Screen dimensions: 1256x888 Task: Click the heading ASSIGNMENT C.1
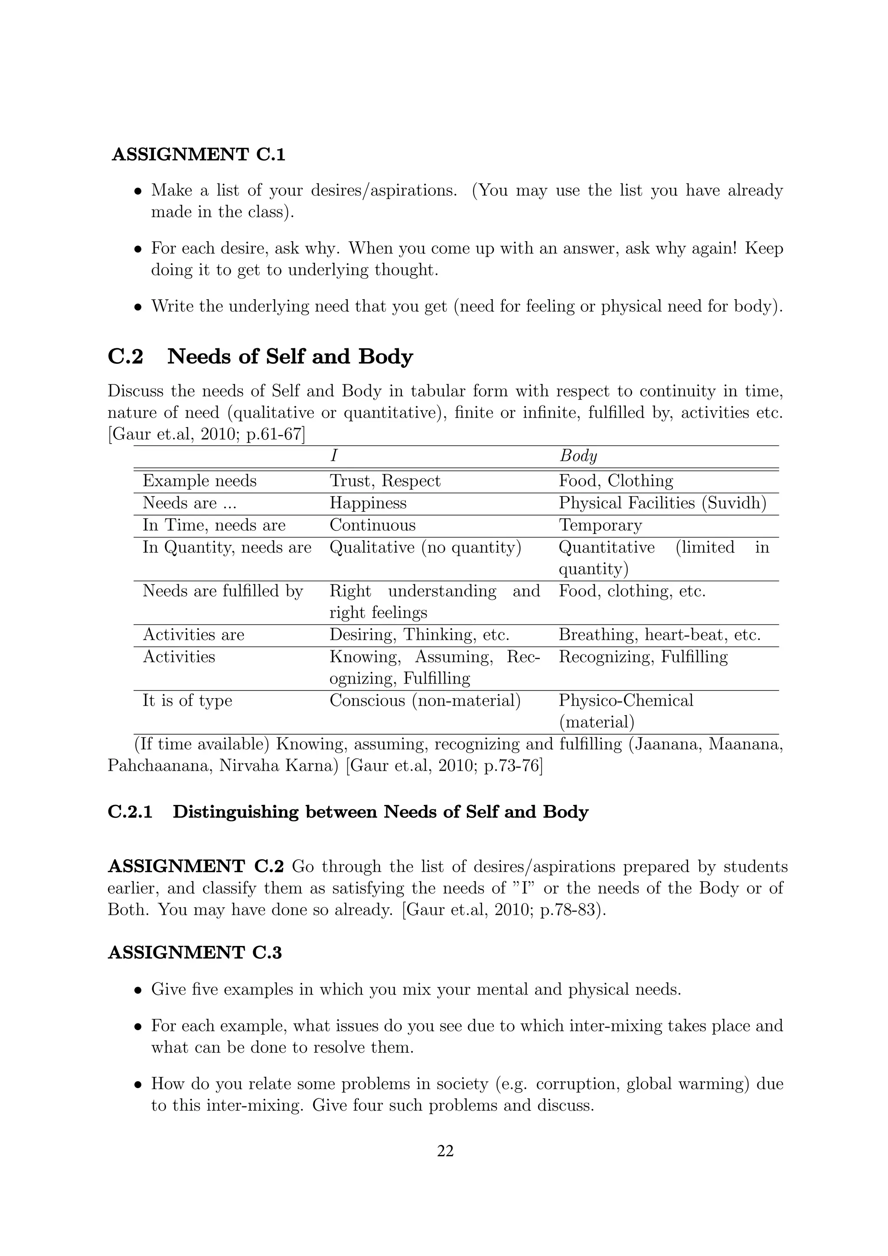coord(199,155)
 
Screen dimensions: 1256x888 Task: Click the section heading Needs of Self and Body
coord(290,357)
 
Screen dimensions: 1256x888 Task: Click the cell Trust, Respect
coord(385,481)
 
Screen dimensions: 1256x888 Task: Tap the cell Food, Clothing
coord(616,481)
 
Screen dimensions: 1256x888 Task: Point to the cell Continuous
coord(372,525)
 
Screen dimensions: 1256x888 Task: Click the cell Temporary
coord(600,525)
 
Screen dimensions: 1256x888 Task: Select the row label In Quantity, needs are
coord(227,548)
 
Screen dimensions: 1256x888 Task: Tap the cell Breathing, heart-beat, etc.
coord(659,635)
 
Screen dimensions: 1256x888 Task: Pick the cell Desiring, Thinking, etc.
coord(419,635)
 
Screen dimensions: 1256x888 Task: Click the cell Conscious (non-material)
coord(425,701)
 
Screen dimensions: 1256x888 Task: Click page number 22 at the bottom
coord(445,1151)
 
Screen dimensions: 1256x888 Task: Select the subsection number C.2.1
coord(130,812)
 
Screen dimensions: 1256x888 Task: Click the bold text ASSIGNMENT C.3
coord(195,952)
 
